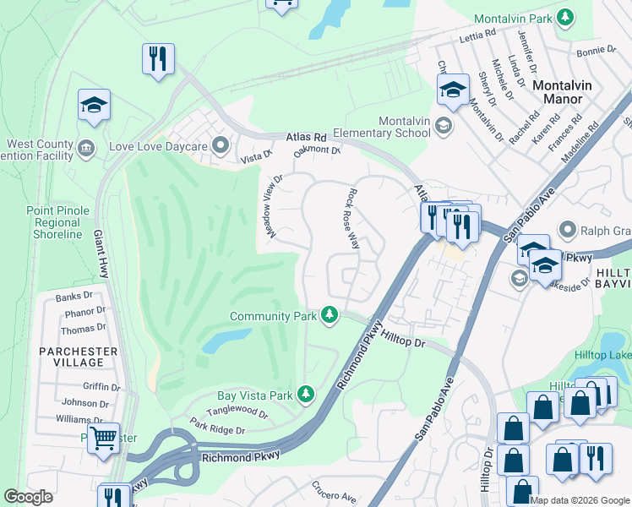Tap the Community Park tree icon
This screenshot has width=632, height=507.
[x=330, y=316]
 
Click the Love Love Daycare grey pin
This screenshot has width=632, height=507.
[x=221, y=146]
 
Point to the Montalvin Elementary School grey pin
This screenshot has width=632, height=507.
[x=444, y=127]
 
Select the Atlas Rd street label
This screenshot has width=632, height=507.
[x=306, y=136]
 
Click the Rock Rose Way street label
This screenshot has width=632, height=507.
[x=354, y=218]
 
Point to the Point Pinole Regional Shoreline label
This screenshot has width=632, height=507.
[x=54, y=221]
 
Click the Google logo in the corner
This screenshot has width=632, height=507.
[x=28, y=497]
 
